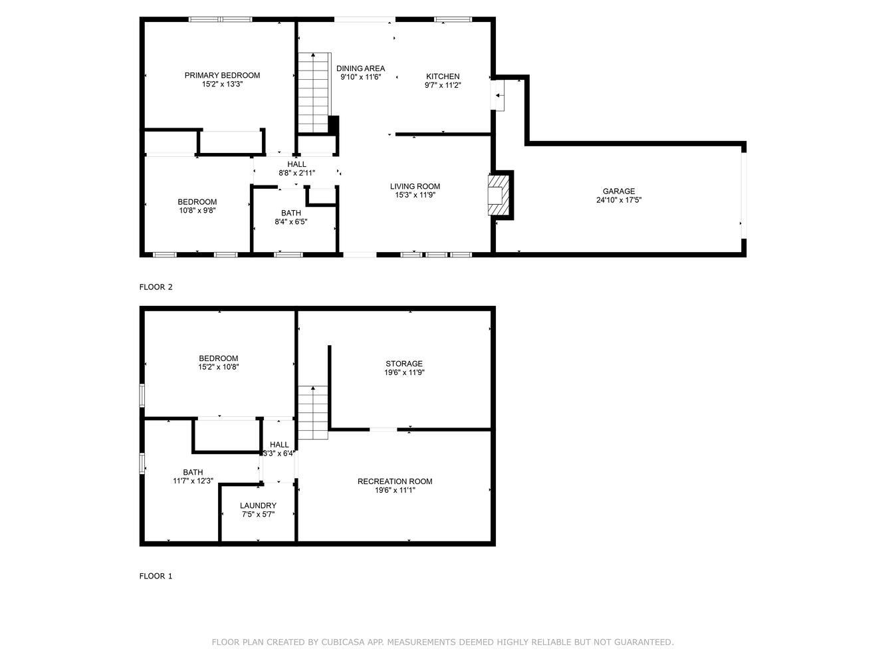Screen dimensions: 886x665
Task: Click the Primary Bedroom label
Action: (222, 75)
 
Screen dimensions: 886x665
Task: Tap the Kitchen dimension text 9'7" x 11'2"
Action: (443, 85)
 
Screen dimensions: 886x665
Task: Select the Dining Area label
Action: (360, 68)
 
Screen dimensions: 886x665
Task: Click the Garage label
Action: (619, 191)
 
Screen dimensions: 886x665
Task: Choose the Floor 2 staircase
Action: (314, 92)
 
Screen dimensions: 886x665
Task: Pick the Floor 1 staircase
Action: (313, 413)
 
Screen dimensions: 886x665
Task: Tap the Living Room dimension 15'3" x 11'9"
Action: (415, 195)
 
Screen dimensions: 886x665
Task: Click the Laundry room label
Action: (258, 505)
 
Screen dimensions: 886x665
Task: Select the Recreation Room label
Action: (395, 481)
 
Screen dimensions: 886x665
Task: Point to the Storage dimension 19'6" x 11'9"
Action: (404, 372)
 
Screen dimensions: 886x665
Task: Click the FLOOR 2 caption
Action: (156, 287)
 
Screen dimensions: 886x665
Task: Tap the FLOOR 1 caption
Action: (156, 576)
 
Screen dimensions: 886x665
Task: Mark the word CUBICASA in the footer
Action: (343, 642)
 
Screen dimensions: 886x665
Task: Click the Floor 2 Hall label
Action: (296, 164)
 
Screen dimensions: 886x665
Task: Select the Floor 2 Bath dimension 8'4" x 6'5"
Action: (291, 221)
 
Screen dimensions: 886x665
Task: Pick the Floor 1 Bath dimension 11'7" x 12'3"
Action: (193, 481)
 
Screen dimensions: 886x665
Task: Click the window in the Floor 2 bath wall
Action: (288, 255)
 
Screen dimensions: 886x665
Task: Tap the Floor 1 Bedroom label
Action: (219, 358)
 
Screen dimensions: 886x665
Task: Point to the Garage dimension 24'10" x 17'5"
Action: (619, 200)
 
